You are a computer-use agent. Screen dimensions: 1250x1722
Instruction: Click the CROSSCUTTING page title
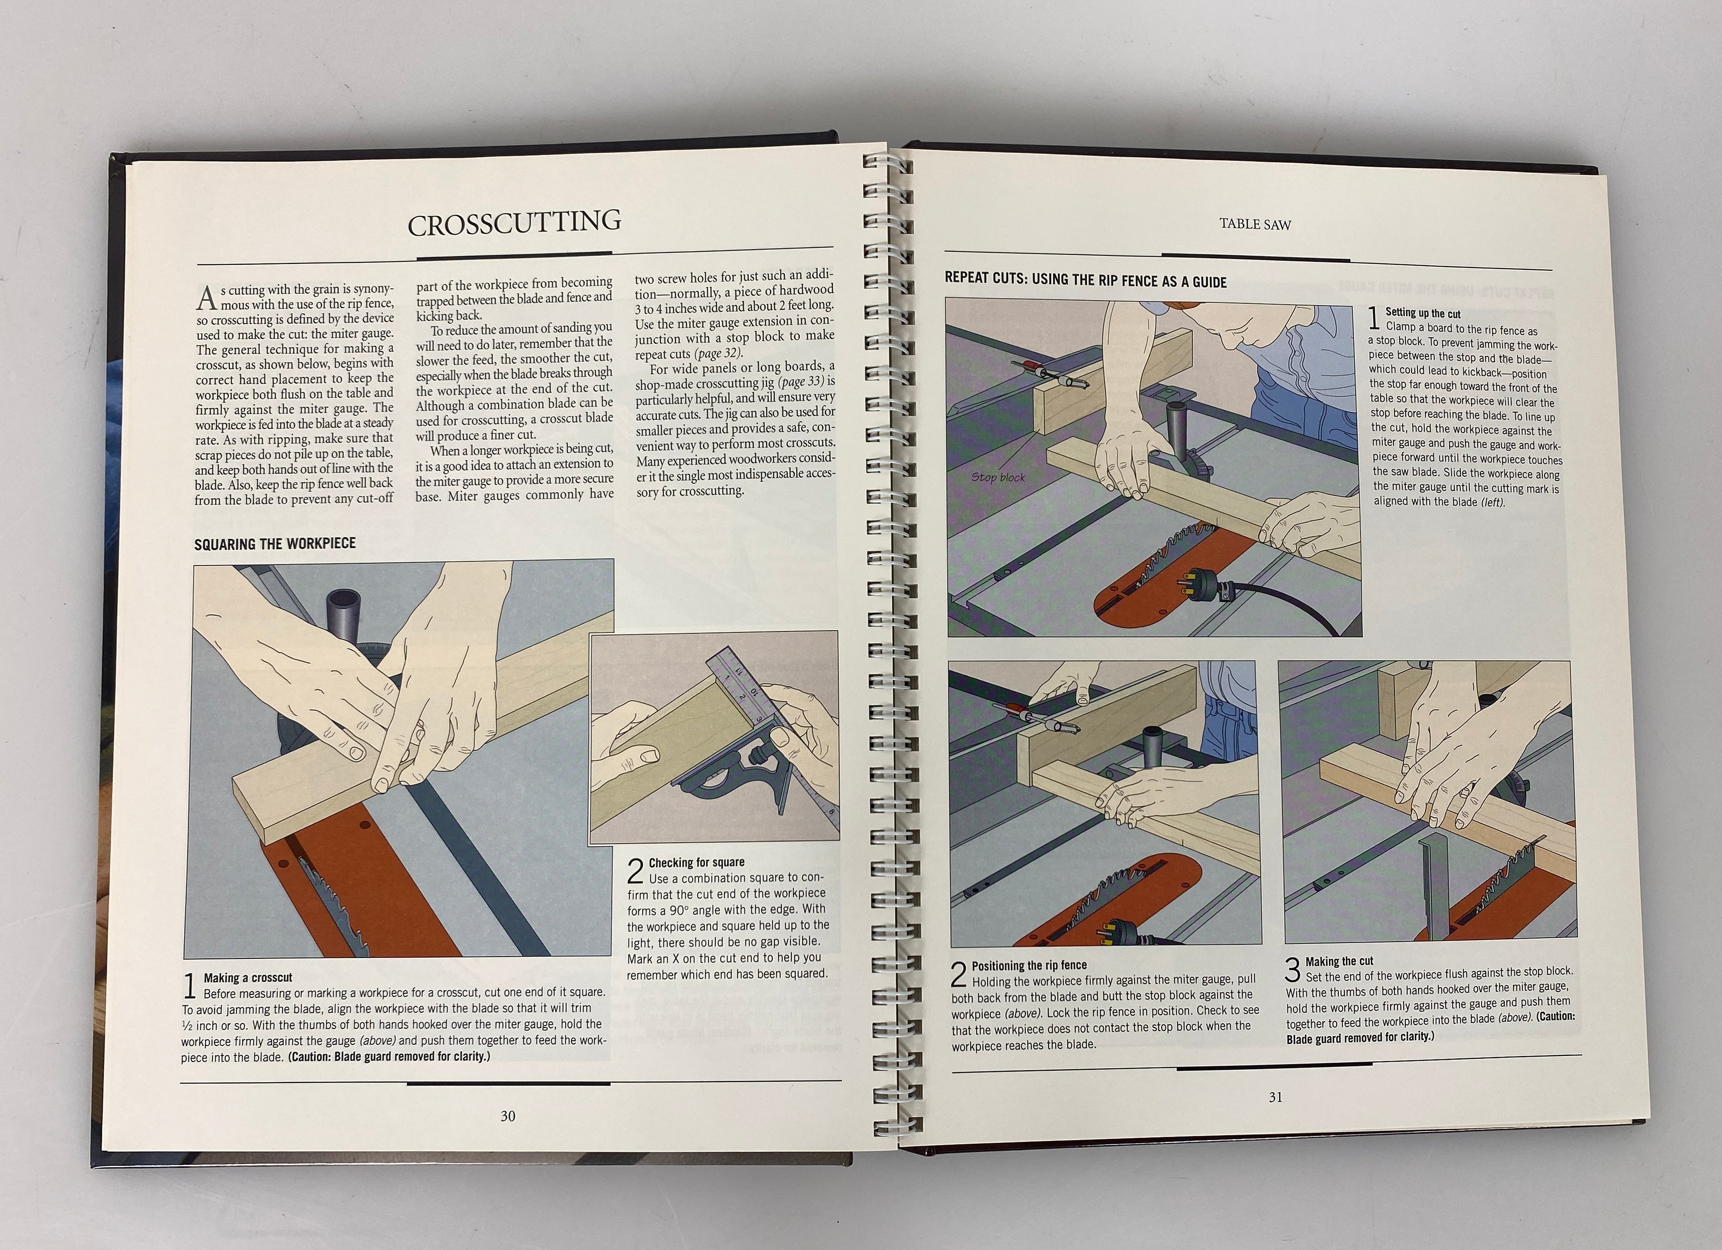point(514,223)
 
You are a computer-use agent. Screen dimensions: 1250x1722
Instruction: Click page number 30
point(508,1116)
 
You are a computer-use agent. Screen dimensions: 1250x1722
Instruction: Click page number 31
point(1276,1097)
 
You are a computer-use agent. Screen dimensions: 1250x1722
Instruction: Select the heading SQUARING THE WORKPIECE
point(275,544)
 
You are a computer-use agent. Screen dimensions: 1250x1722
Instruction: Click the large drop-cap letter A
point(207,299)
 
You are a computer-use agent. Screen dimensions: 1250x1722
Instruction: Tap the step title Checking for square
point(696,862)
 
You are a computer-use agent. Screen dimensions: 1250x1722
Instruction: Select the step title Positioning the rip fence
point(1029,965)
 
